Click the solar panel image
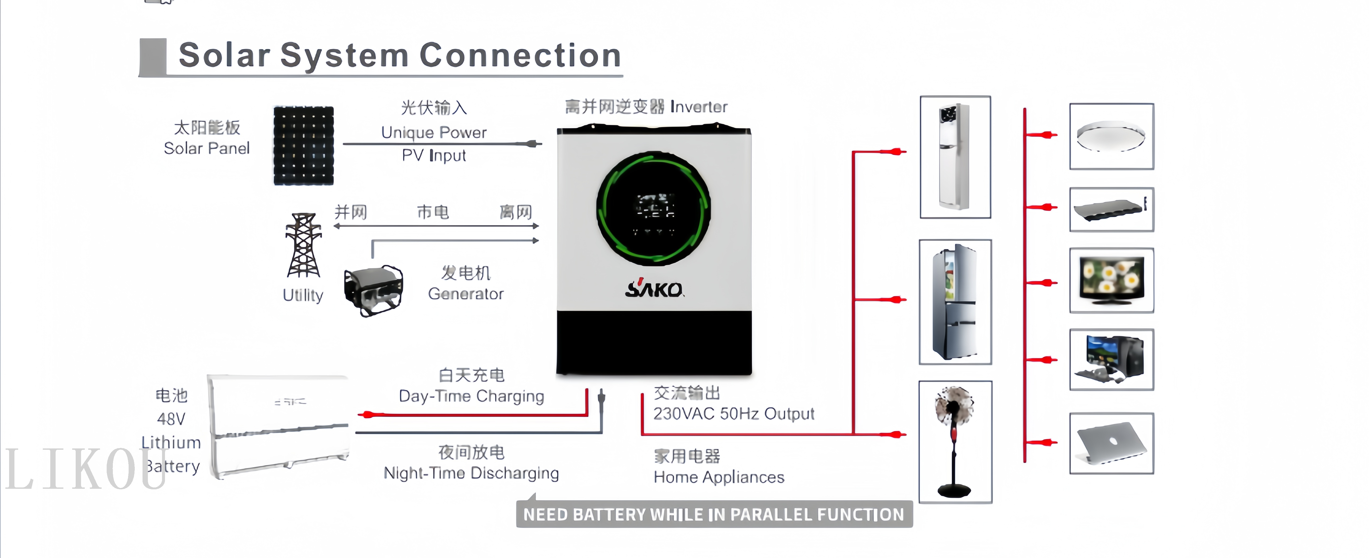(303, 146)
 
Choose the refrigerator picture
(955, 301)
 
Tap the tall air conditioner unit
(955, 157)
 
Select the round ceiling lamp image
(1111, 137)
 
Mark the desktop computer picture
(1111, 359)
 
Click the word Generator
(466, 294)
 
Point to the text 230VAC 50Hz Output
(733, 414)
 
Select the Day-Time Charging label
(471, 396)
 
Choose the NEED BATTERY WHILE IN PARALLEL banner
(714, 514)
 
